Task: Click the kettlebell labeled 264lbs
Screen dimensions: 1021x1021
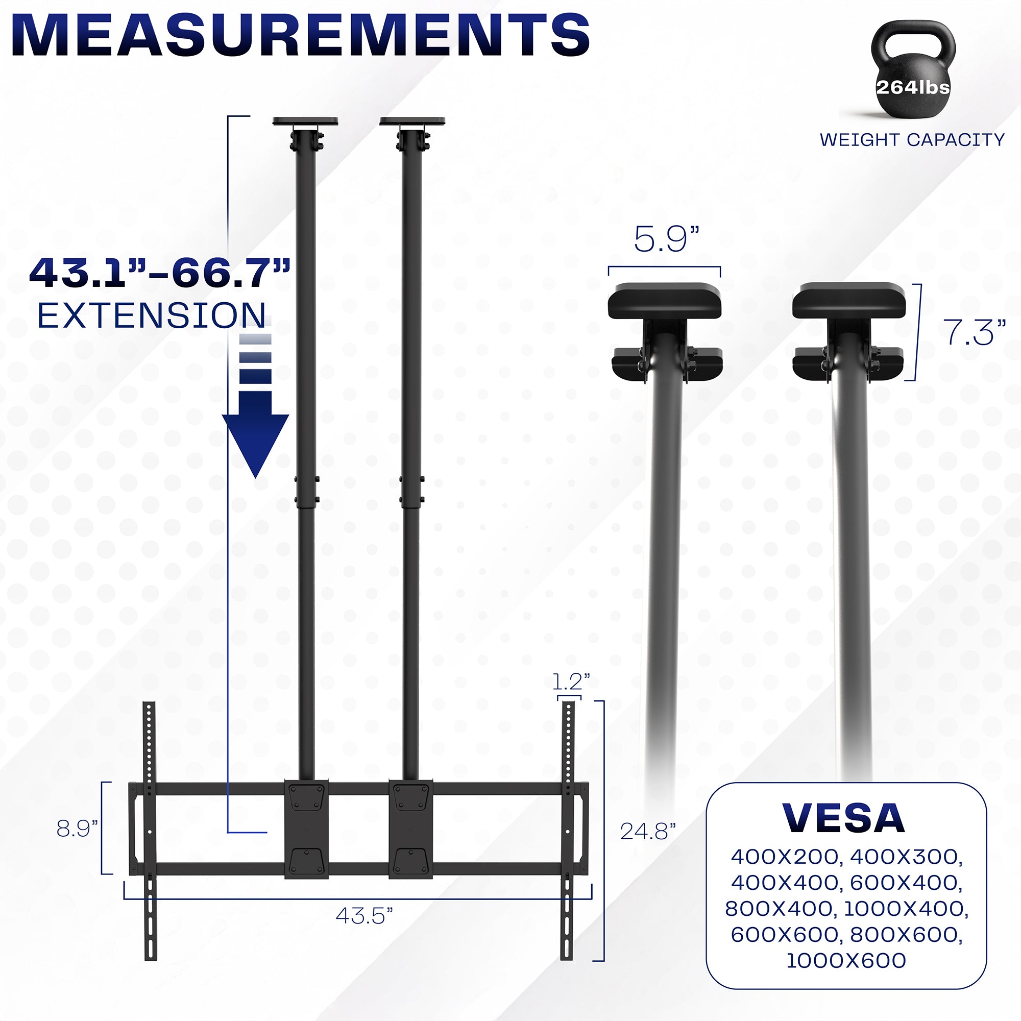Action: tap(913, 74)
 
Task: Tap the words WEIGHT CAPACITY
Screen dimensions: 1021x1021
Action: tap(912, 140)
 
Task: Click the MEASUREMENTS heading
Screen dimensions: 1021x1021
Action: tap(300, 35)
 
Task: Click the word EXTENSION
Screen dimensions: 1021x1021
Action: tap(152, 316)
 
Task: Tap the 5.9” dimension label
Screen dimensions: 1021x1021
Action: tap(666, 239)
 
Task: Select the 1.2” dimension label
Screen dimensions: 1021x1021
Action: tap(571, 682)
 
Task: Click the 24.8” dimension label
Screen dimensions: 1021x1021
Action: tap(648, 831)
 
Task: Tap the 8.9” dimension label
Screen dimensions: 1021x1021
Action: tap(77, 829)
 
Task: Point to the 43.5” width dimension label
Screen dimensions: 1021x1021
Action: tap(364, 916)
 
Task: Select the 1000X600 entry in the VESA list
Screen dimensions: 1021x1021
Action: tap(846, 960)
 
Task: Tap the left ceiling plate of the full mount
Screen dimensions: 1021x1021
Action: tap(305, 121)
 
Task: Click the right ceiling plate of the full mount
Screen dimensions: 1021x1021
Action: tap(412, 121)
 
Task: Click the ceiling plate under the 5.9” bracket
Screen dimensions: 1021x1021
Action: tap(665, 301)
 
